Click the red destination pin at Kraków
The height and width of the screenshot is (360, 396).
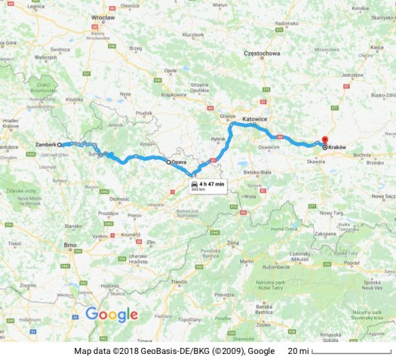[x=324, y=140]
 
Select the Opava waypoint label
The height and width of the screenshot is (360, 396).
[x=179, y=162]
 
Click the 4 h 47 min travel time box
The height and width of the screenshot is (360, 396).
[x=208, y=186]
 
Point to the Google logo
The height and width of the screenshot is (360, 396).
[x=112, y=315]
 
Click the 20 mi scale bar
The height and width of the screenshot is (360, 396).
[x=351, y=352]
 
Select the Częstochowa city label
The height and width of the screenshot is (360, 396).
[x=262, y=54]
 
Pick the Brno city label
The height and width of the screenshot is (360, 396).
[x=71, y=245]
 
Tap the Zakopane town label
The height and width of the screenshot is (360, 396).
[x=326, y=235]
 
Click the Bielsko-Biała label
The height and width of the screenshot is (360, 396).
[x=257, y=172]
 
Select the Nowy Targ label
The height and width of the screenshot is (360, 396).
[x=331, y=214]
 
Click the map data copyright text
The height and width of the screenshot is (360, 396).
[x=174, y=352]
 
